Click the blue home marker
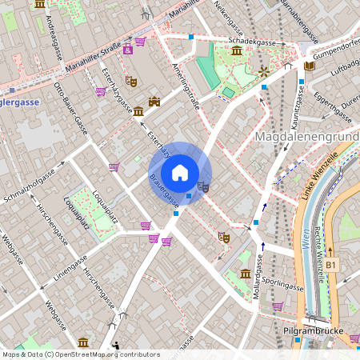point(180,173)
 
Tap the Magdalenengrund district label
point(306,138)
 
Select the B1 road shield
point(331,263)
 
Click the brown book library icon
point(309,66)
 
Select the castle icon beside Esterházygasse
point(154,102)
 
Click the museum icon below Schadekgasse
point(237,52)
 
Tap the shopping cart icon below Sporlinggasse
point(277,306)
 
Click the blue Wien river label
point(306,240)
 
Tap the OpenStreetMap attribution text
point(80,354)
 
